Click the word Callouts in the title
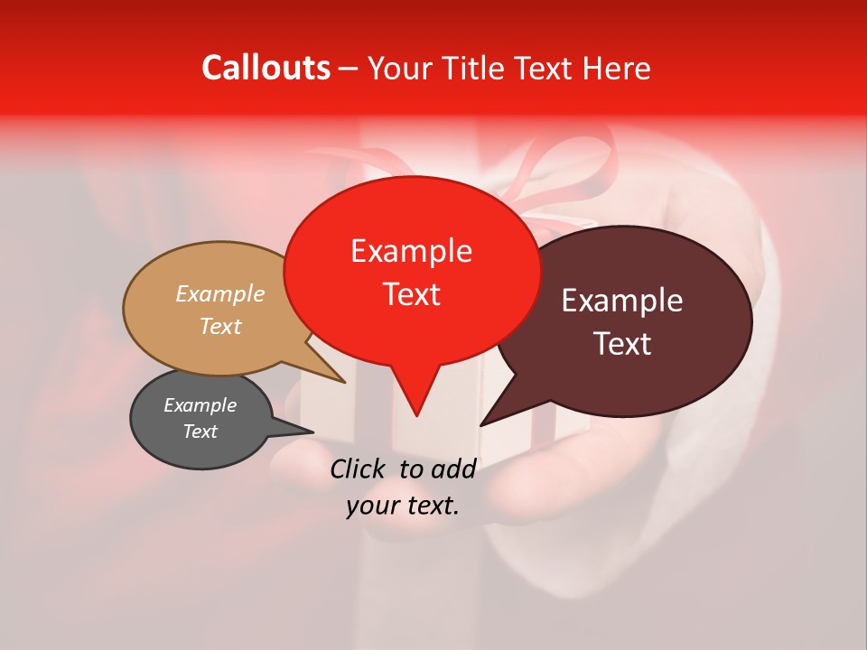[266, 68]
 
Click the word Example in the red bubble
[411, 251]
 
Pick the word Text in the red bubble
[411, 294]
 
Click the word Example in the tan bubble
[220, 293]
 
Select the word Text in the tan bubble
[220, 326]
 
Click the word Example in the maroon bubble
[622, 301]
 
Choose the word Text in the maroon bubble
[622, 344]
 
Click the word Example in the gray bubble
[200, 405]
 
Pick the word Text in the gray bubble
[200, 432]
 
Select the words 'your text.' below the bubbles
[403, 506]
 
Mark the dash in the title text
[349, 69]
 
